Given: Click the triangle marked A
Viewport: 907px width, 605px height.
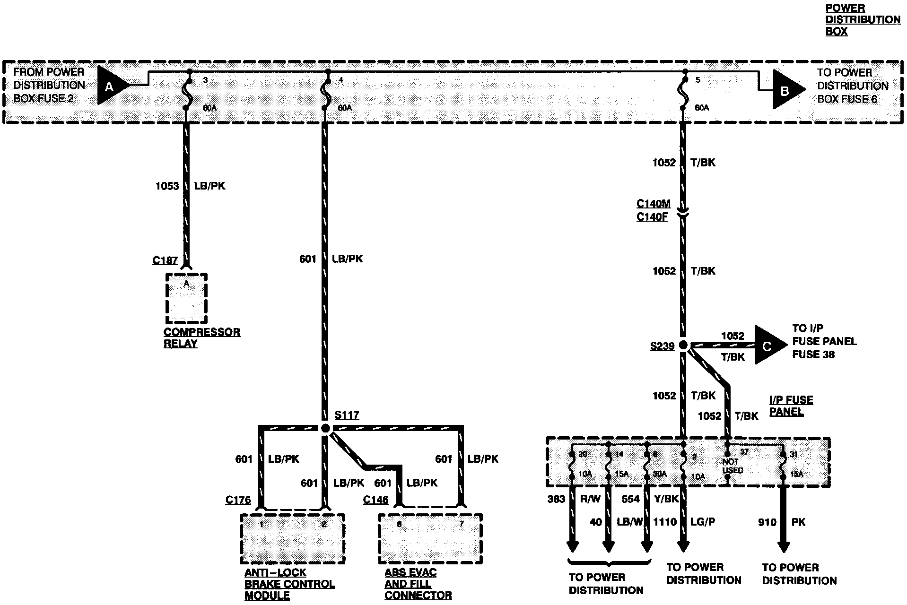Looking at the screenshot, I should click(x=111, y=86).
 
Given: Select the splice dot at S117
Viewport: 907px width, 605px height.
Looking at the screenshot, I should click(x=325, y=428).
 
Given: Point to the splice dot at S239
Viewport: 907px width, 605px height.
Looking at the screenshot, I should click(x=683, y=346).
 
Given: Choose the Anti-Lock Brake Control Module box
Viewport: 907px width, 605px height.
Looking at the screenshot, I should click(x=292, y=539).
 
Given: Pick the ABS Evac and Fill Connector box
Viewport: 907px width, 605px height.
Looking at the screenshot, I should click(x=430, y=539).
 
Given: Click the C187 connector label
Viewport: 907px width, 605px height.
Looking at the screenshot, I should click(x=165, y=260).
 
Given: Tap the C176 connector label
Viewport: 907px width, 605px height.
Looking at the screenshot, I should click(x=238, y=500).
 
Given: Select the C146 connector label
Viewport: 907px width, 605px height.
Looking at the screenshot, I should click(x=375, y=500).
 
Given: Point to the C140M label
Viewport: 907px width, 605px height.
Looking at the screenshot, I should click(x=653, y=204).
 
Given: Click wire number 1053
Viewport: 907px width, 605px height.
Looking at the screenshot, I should click(x=167, y=186).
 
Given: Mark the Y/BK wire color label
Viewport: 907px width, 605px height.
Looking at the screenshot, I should click(x=667, y=499).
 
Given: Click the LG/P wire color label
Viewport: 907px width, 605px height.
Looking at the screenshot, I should click(x=703, y=522).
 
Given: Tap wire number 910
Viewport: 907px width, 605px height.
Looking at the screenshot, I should click(x=767, y=522).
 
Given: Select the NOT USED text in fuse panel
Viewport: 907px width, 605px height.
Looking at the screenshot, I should click(x=733, y=466).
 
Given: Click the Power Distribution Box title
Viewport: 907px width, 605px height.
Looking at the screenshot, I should click(x=863, y=20).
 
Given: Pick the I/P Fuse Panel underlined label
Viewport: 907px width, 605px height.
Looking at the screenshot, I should click(x=791, y=406).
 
